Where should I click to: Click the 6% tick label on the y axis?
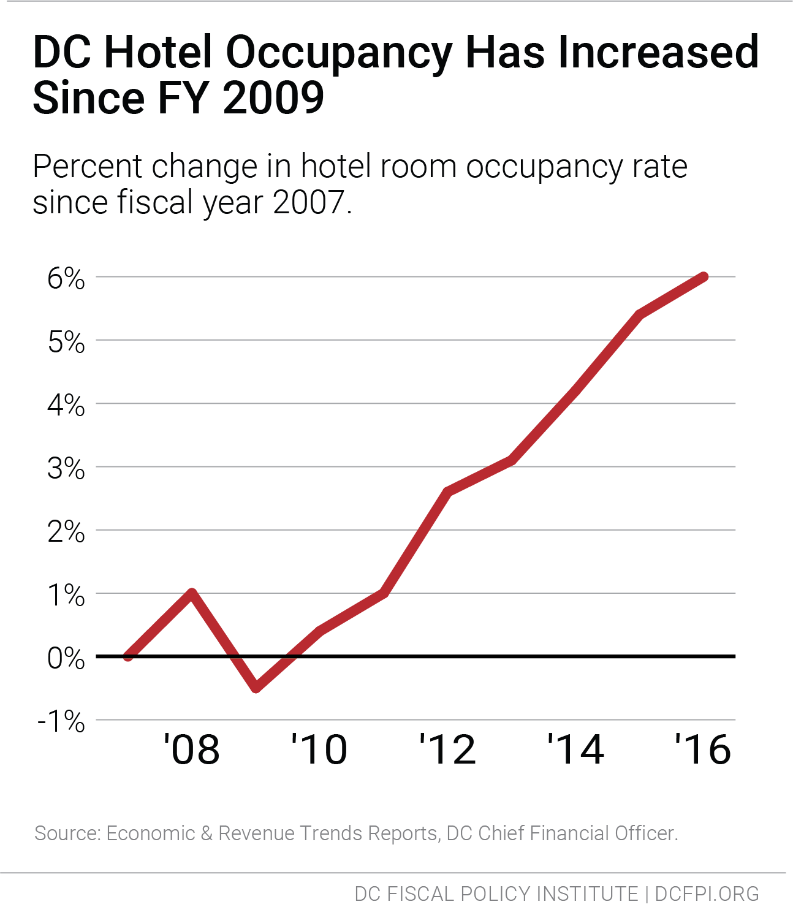pos(66,279)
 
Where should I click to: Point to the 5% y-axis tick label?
pos(66,342)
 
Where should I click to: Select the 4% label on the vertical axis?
pos(66,406)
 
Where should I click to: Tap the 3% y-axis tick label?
pos(66,469)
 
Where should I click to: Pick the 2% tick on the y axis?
pos(66,532)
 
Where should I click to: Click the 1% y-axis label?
pos(66,596)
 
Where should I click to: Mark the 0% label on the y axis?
pos(66,659)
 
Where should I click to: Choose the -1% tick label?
pos(61,722)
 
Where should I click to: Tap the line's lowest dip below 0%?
pos(257,688)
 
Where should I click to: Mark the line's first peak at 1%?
pos(192,593)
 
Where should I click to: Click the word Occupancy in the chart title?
pos(339,53)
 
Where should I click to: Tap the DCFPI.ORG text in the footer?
pos(707,894)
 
